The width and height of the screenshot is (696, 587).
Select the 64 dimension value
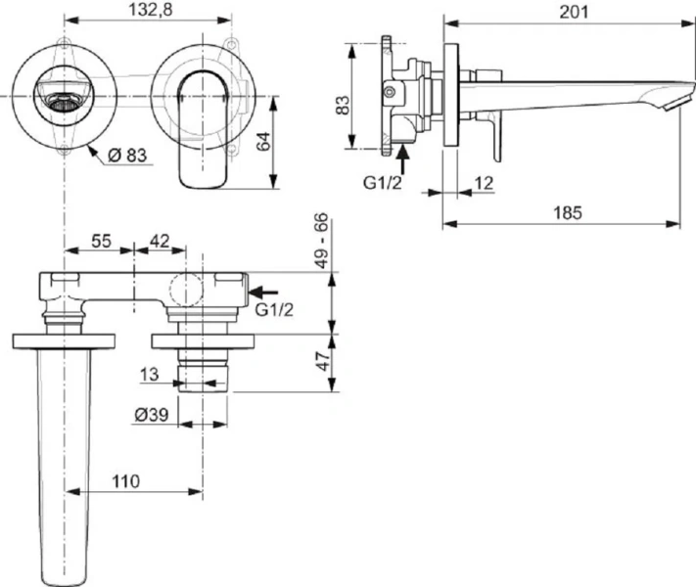coord(263,140)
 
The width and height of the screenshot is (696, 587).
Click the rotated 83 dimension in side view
coord(343,103)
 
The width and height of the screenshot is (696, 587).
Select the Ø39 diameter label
coord(151,414)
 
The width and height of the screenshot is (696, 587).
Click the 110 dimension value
coord(124,481)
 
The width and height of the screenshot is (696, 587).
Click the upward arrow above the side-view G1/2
coord(403,158)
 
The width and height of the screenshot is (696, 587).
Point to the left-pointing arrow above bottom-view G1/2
coord(264,291)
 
